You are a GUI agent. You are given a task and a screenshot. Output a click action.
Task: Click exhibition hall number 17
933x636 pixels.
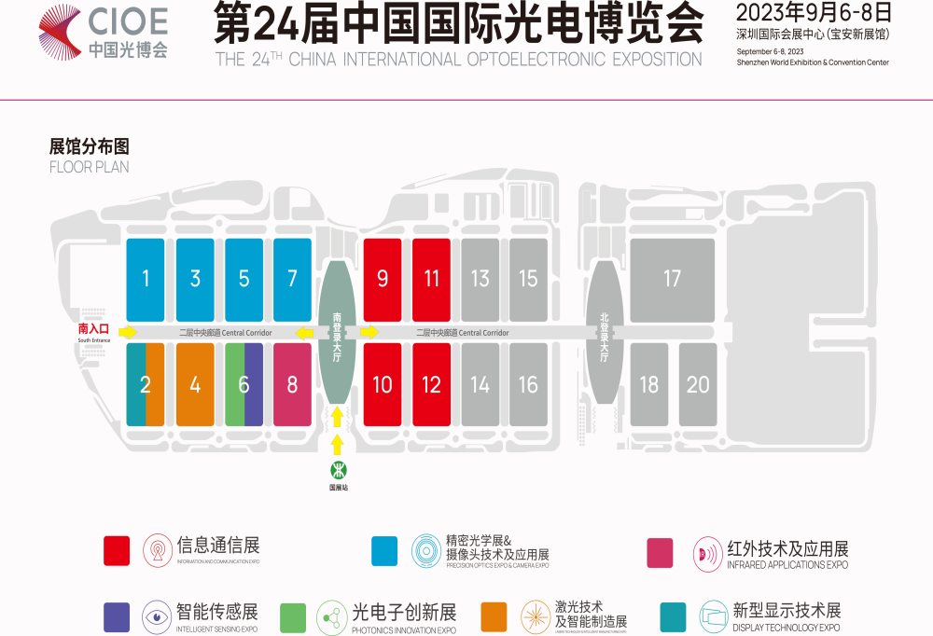click(672, 278)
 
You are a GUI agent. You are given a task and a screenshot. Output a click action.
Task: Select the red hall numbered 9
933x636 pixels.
click(382, 278)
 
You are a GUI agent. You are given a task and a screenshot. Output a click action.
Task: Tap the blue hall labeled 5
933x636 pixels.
click(244, 278)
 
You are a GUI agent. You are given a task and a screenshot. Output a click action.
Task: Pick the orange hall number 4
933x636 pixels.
click(195, 384)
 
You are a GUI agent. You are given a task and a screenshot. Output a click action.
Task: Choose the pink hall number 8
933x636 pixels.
click(292, 384)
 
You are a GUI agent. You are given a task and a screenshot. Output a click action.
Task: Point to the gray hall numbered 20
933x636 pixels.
click(698, 384)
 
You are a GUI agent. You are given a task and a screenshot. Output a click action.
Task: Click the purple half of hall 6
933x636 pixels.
click(254, 384)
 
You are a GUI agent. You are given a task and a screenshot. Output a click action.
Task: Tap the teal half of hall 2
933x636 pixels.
click(135, 384)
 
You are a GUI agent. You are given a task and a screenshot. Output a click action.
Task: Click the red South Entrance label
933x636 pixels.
click(93, 329)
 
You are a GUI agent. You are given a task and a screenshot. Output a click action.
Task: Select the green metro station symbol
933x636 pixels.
click(337, 469)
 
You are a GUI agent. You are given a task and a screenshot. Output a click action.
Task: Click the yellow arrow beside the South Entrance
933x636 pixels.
click(128, 332)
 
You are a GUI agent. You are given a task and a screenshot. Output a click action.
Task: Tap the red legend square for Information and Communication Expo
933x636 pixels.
click(117, 551)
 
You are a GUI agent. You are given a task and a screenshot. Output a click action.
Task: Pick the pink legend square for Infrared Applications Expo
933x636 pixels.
click(660, 552)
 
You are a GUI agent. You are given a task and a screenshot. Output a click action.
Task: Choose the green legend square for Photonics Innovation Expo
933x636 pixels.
click(293, 616)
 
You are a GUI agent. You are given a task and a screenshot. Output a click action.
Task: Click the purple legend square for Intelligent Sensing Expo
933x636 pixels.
click(117, 616)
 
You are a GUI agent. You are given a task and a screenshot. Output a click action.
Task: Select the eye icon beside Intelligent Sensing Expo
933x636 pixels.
click(157, 615)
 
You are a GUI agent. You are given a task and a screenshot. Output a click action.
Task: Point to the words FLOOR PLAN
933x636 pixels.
click(89, 167)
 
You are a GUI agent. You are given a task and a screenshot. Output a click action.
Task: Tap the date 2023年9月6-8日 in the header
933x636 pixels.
click(814, 13)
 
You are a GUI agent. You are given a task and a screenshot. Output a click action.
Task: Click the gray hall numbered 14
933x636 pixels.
click(480, 384)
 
